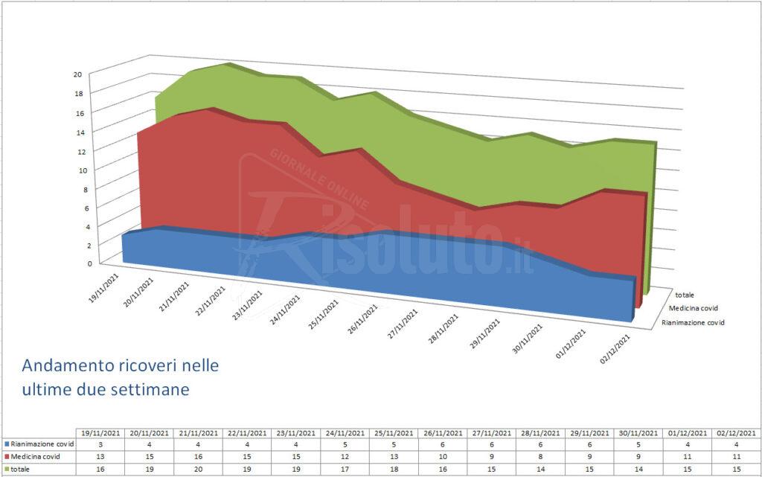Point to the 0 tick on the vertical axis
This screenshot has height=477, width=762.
(x=90, y=263)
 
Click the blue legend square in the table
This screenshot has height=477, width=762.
(x=7, y=444)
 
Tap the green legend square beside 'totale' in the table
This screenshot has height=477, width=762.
(x=7, y=468)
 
